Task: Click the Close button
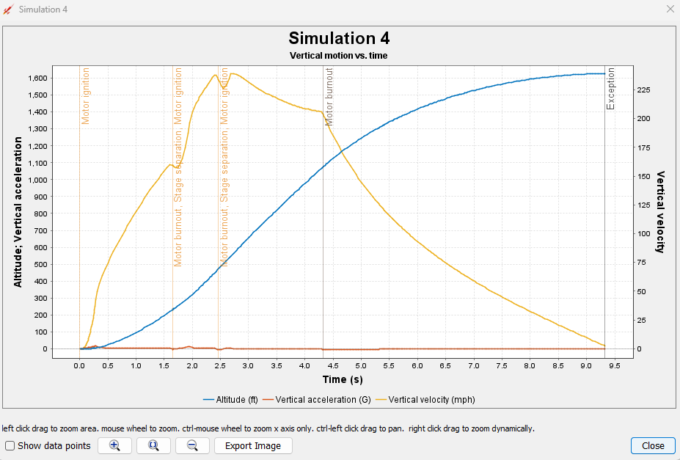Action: pyautogui.click(x=653, y=445)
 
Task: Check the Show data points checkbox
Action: pyautogui.click(x=10, y=445)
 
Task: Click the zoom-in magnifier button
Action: pyautogui.click(x=114, y=445)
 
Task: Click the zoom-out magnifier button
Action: pyautogui.click(x=192, y=445)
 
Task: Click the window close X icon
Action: pyautogui.click(x=669, y=9)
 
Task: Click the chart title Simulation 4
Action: pyautogui.click(x=339, y=38)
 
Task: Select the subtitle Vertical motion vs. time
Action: pyautogui.click(x=339, y=55)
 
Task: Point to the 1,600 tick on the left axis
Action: pyautogui.click(x=37, y=78)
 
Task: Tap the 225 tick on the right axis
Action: pyautogui.click(x=644, y=90)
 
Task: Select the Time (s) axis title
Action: pyautogui.click(x=342, y=379)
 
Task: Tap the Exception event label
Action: pyautogui.click(x=611, y=89)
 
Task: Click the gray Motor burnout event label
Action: pyautogui.click(x=329, y=96)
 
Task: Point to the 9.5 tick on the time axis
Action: pyautogui.click(x=615, y=365)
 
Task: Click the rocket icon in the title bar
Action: pyautogui.click(x=9, y=9)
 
